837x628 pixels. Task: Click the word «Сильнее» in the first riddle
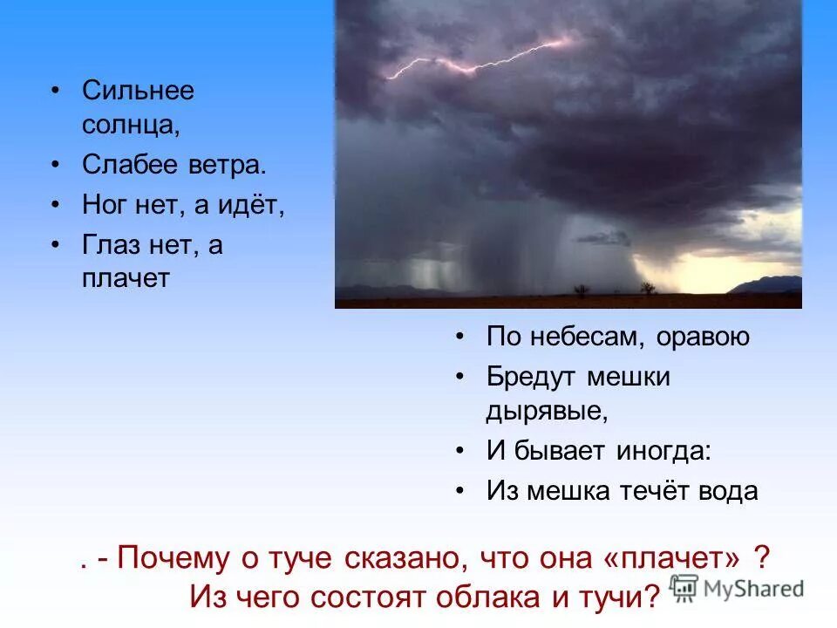coord(138,91)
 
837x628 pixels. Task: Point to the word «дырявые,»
coord(546,411)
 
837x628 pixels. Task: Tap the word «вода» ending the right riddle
coord(729,491)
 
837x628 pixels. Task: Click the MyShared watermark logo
coord(737,588)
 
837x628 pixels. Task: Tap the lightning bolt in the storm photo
coord(480,59)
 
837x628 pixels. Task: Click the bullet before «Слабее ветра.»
coord(56,164)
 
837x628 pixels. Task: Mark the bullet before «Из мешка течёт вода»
coord(459,491)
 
